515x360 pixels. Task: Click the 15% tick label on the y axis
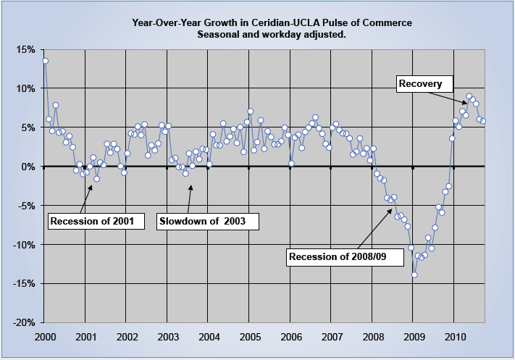pyautogui.click(x=24, y=49)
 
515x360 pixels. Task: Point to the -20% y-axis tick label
pyautogui.click(x=22, y=322)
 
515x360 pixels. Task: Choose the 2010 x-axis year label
pyautogui.click(x=454, y=337)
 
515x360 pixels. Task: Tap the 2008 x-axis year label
pyautogui.click(x=372, y=337)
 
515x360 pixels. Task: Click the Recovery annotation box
pyautogui.click(x=421, y=84)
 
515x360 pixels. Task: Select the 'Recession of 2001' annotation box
pyautogui.click(x=92, y=220)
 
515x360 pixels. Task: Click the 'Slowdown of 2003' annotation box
pyautogui.click(x=207, y=220)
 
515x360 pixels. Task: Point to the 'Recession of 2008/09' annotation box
pyautogui.click(x=336, y=256)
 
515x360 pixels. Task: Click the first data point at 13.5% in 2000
pyautogui.click(x=45, y=61)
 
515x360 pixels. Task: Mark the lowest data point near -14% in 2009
pyautogui.click(x=414, y=275)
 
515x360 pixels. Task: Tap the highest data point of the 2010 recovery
pyautogui.click(x=469, y=96)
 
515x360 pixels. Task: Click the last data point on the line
pyautogui.click(x=483, y=121)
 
